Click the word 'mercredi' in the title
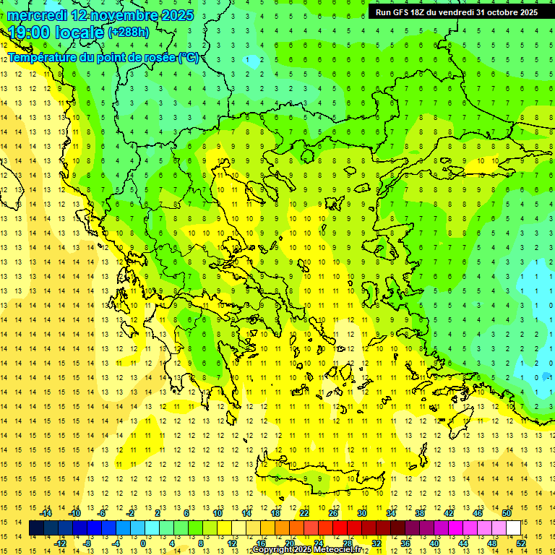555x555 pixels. click(x=38, y=15)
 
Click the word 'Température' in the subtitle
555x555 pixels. click(x=43, y=58)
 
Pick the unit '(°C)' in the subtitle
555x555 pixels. click(x=189, y=58)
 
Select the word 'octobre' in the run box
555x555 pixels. click(x=502, y=12)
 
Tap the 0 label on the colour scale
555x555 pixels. click(x=142, y=543)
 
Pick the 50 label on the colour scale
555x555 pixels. click(x=507, y=513)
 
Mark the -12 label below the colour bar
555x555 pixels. click(x=60, y=543)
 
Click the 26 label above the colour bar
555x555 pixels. click(x=333, y=513)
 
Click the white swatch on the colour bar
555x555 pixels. click(x=514, y=528)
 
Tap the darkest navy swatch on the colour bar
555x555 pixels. click(x=37, y=528)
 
